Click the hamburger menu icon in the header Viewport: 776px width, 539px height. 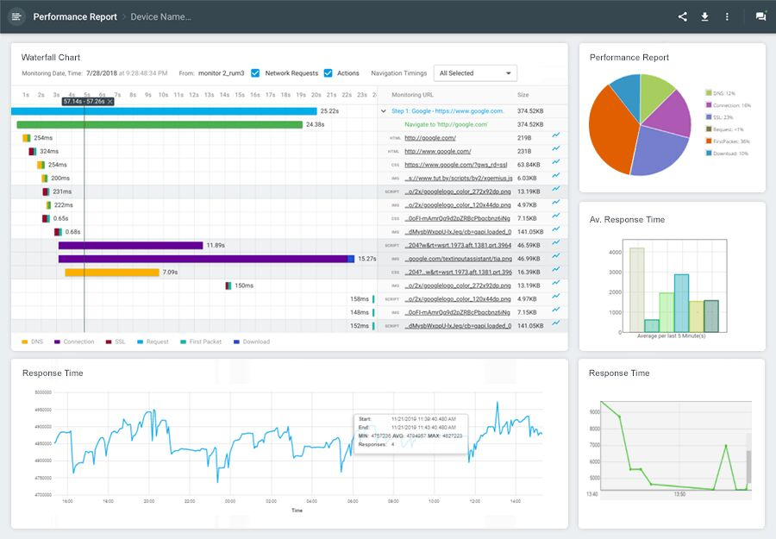pyautogui.click(x=17, y=16)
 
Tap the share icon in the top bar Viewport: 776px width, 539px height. pyautogui.click(x=683, y=16)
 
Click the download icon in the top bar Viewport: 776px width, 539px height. pyautogui.click(x=704, y=16)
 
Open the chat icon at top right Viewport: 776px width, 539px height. pyautogui.click(x=760, y=16)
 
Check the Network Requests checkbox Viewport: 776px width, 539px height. pyautogui.click(x=255, y=73)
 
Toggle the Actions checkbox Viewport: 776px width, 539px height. pyautogui.click(x=328, y=73)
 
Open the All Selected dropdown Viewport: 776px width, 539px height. pyautogui.click(x=475, y=73)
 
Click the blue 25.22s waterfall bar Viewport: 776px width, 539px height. pyautogui.click(x=164, y=111)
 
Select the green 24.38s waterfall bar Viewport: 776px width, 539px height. pyautogui.click(x=160, y=124)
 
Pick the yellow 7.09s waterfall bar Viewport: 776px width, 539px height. pyautogui.click(x=112, y=273)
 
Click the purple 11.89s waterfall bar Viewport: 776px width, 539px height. pyautogui.click(x=129, y=246)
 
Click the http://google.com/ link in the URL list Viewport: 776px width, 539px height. pyautogui.click(x=430, y=138)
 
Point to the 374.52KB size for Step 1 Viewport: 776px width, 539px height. pyautogui.click(x=529, y=111)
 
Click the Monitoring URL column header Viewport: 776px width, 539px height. pyautogui.click(x=412, y=94)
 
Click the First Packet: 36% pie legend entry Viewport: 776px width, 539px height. pyautogui.click(x=727, y=141)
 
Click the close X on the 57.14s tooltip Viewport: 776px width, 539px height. pyautogui.click(x=110, y=101)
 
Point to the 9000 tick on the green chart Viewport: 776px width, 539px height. pyautogui.click(x=593, y=412)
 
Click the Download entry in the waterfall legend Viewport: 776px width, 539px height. pyautogui.click(x=251, y=342)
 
